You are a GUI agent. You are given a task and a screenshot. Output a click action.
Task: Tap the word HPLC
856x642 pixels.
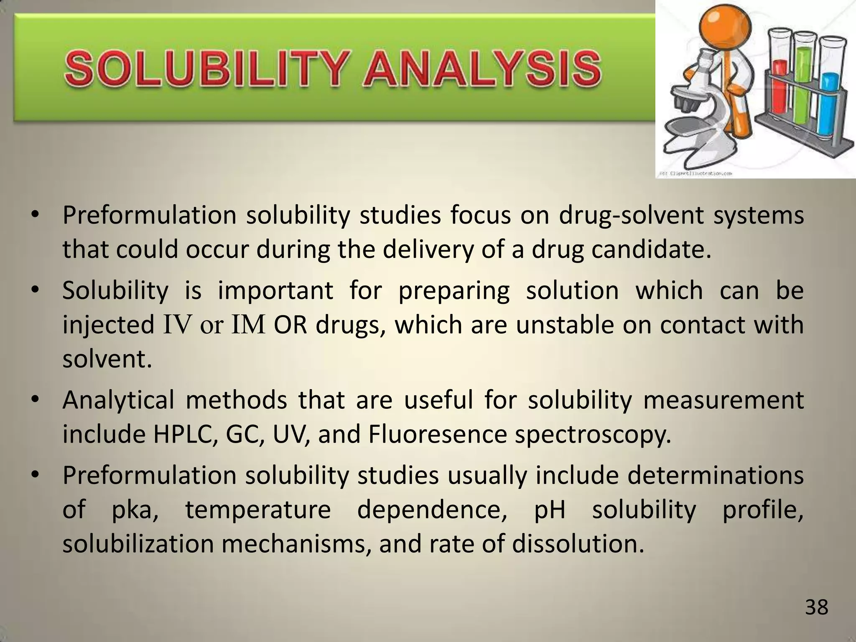(x=184, y=435)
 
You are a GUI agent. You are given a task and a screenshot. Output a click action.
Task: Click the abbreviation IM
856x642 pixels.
(x=248, y=326)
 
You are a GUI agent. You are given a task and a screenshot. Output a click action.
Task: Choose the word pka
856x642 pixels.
(x=134, y=511)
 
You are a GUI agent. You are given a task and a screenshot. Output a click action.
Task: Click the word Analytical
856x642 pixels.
(x=118, y=400)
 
